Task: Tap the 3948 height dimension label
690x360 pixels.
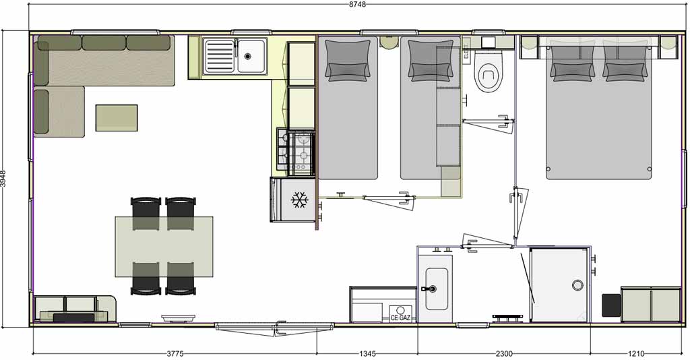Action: [x=3, y=179]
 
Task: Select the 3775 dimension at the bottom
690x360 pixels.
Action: [x=175, y=354]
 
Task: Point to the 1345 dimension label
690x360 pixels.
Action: [x=367, y=354]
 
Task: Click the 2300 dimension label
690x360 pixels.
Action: [x=504, y=354]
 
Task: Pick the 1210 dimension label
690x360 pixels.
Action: [x=636, y=354]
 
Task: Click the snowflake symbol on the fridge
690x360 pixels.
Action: [x=300, y=200]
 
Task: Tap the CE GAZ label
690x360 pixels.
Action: [x=401, y=318]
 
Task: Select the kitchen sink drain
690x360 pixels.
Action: [x=248, y=56]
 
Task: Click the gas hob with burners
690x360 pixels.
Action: [x=296, y=150]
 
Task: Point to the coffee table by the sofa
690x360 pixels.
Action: [x=117, y=117]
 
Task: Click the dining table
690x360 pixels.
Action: [x=164, y=247]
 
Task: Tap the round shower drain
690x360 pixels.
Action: [x=577, y=285]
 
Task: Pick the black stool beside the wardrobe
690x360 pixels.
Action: [x=611, y=305]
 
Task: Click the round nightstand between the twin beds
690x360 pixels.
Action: [x=389, y=42]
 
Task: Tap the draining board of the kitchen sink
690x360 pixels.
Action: [x=220, y=56]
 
